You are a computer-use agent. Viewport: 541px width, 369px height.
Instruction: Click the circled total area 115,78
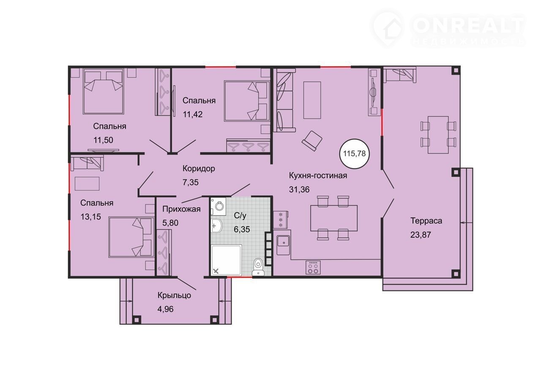354,153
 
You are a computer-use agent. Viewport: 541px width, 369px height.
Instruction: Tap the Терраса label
426,221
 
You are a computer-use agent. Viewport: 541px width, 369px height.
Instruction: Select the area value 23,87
421,235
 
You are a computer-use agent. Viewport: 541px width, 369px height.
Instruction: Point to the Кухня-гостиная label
318,175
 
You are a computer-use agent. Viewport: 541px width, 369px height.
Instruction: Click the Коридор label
199,168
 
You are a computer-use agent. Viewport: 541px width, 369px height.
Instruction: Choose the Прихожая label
181,209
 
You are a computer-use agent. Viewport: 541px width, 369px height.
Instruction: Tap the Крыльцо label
174,295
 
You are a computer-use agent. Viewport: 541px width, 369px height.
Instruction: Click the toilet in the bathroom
258,267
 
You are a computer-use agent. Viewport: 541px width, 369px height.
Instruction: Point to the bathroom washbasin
216,226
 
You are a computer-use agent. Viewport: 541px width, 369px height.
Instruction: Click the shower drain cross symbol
216,271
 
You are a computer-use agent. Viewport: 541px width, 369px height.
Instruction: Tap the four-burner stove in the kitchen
313,268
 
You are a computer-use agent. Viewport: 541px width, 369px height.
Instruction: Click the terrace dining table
438,135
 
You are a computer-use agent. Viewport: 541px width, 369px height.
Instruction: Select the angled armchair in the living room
312,141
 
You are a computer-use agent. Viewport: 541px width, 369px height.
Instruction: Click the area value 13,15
90,217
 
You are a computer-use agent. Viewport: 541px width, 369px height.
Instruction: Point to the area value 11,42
192,114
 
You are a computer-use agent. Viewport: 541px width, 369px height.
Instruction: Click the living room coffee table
312,100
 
